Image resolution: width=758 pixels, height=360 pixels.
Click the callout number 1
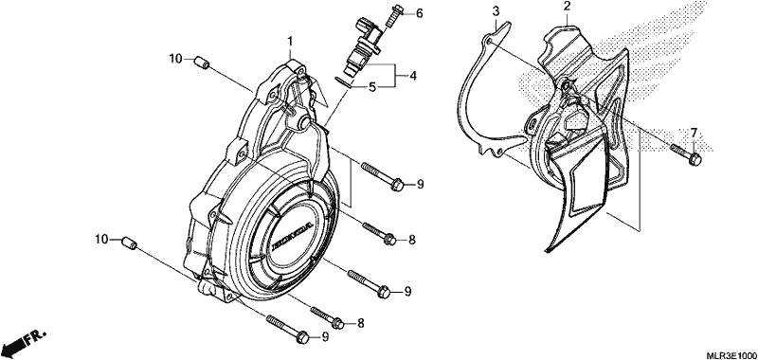[x=290, y=42]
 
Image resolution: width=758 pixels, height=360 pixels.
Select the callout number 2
[x=567, y=7]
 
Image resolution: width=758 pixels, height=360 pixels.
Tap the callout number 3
[x=496, y=10]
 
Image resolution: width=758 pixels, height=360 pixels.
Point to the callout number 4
[x=412, y=76]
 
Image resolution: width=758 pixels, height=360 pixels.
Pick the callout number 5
[x=372, y=87]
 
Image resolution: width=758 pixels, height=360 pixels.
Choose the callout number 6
[x=419, y=13]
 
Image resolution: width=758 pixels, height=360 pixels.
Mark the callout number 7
[x=694, y=133]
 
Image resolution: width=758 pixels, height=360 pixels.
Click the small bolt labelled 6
[x=392, y=15]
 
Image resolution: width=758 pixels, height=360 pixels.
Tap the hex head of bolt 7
[x=695, y=159]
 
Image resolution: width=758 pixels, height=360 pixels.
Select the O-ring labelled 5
[x=344, y=81]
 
